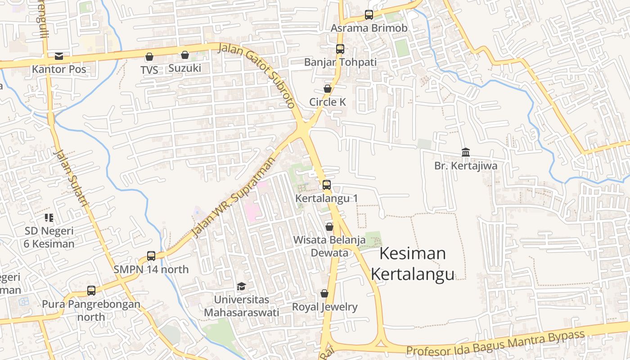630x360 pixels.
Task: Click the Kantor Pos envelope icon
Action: (59, 56)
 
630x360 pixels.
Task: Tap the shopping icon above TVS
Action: (149, 57)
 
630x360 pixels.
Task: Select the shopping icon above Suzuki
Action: (184, 55)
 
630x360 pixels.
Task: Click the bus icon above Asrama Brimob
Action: (369, 15)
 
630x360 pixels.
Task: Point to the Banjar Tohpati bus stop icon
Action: (340, 49)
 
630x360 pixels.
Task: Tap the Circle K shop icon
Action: (328, 89)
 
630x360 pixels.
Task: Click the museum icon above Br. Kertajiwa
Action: (466, 153)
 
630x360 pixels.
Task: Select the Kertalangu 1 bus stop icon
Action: (327, 185)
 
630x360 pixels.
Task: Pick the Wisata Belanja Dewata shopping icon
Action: (329, 227)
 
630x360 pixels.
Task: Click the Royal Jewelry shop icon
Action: (324, 294)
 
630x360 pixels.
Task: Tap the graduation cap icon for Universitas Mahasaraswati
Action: (241, 286)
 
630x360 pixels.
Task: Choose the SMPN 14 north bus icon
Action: (151, 256)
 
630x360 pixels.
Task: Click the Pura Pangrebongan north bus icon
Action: (91, 291)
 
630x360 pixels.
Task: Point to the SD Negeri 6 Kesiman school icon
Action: (49, 218)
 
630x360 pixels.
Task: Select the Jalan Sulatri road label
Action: (71, 178)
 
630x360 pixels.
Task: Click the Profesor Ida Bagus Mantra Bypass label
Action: (495, 343)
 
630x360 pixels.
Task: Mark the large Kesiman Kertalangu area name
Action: (412, 264)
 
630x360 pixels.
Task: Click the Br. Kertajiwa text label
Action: (466, 166)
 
